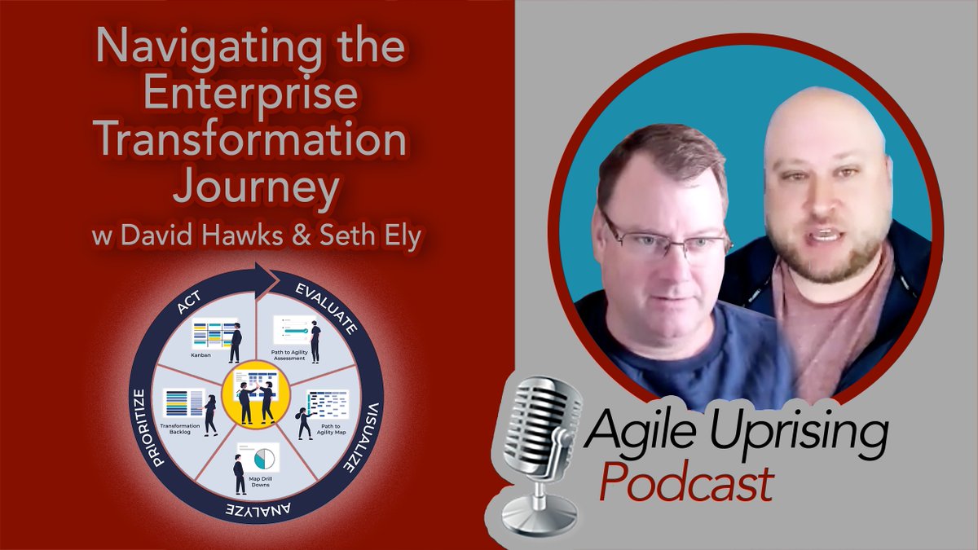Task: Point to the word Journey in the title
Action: click(x=255, y=190)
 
